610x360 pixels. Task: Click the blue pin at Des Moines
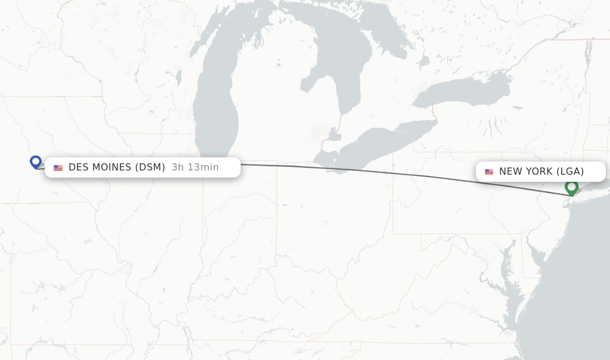click(x=36, y=162)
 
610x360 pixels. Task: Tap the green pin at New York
click(x=571, y=187)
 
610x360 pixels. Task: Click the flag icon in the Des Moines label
click(x=58, y=167)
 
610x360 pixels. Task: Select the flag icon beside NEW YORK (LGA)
click(x=489, y=172)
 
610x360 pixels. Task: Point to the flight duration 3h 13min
click(x=195, y=167)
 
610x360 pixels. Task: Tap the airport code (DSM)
click(x=151, y=167)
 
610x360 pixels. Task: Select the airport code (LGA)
click(x=570, y=172)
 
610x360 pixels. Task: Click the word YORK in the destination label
click(x=539, y=172)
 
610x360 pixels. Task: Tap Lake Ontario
click(x=465, y=92)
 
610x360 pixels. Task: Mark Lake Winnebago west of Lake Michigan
click(x=178, y=77)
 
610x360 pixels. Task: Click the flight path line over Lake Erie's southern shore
click(x=357, y=170)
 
